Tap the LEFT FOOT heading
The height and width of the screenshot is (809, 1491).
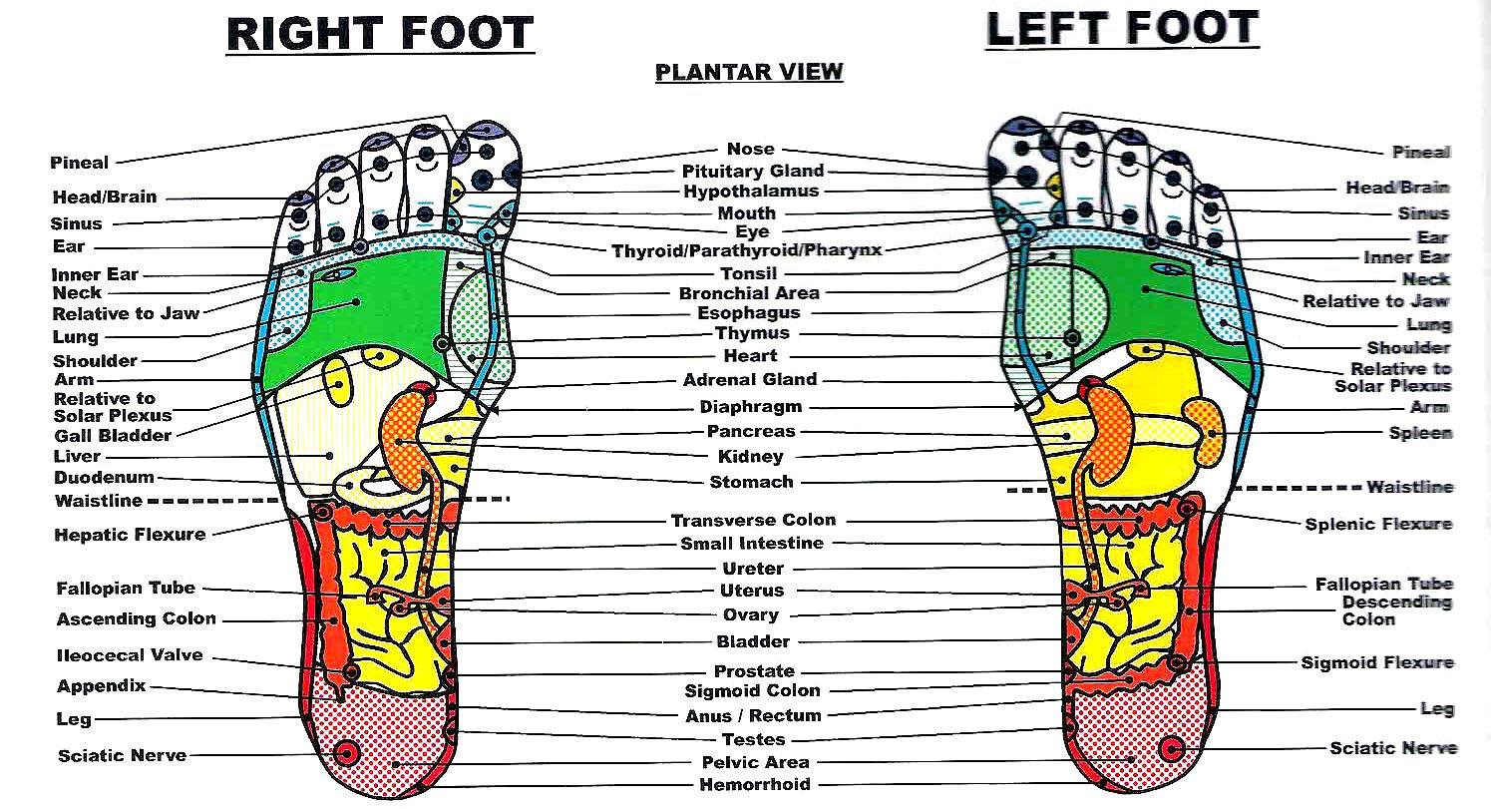(1122, 29)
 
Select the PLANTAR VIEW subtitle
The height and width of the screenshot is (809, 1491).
(749, 72)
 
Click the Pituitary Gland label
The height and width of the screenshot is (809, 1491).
(753, 172)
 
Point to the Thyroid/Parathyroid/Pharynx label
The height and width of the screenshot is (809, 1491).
(746, 250)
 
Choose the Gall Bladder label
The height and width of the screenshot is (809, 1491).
(113, 436)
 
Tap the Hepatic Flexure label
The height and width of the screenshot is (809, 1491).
(130, 535)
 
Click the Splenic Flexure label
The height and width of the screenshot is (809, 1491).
(1378, 524)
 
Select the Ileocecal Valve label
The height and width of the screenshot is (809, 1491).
(130, 655)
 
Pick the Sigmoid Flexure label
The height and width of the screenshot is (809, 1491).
(1377, 662)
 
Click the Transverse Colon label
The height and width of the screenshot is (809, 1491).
(753, 520)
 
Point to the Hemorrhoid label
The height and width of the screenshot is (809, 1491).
(755, 784)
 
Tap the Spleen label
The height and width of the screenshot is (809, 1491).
(1420, 433)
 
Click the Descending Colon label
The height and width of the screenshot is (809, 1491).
(1396, 610)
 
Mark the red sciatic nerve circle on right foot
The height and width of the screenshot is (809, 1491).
(346, 754)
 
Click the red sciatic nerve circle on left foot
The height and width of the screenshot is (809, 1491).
(1172, 749)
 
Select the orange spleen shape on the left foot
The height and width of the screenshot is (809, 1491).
(1205, 432)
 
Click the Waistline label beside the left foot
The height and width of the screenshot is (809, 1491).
(1410, 487)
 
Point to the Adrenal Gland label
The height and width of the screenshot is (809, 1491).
(750, 379)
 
